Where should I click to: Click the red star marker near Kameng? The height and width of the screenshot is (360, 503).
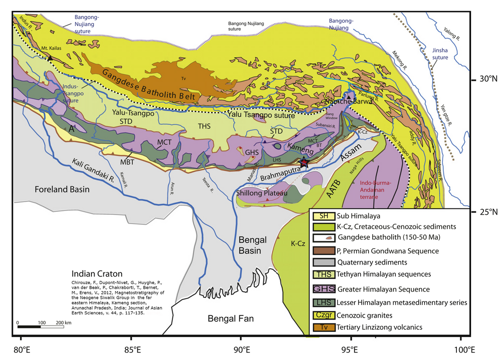(304, 162)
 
